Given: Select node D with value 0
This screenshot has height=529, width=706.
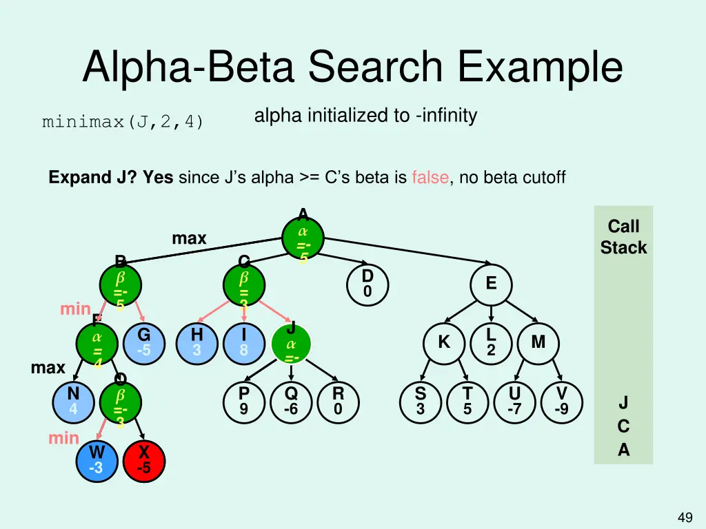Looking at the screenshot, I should coord(367,284).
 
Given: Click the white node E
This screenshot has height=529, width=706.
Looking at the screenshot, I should coord(491,284).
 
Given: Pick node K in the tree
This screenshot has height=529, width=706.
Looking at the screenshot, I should coord(444,342).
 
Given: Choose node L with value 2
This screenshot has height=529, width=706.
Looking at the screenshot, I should coord(491,342).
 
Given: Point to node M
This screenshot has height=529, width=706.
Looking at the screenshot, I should coord(538,342).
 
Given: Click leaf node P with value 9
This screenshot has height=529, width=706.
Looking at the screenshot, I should coord(243,402).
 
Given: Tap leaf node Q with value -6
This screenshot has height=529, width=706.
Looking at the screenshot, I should coord(291,402).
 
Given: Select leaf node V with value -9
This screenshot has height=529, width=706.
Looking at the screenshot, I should coord(562,402).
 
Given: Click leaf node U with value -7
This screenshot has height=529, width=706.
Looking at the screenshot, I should coord(514,402).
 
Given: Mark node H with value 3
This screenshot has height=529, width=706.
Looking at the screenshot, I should coord(196,342).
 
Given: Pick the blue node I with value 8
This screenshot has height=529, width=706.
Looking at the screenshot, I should coord(243,342).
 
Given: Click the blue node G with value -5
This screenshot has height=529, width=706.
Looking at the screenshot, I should coord(143,342).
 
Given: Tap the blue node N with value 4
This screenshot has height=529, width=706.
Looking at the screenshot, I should coord(73,402).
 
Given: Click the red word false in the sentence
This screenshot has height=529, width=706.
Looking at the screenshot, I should coord(430,178).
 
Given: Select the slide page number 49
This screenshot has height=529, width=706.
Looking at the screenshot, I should coord(685,517).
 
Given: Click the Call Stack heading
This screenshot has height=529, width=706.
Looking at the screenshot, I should coord(623,237).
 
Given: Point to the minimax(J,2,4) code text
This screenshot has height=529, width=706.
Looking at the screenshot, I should coord(123,123).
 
